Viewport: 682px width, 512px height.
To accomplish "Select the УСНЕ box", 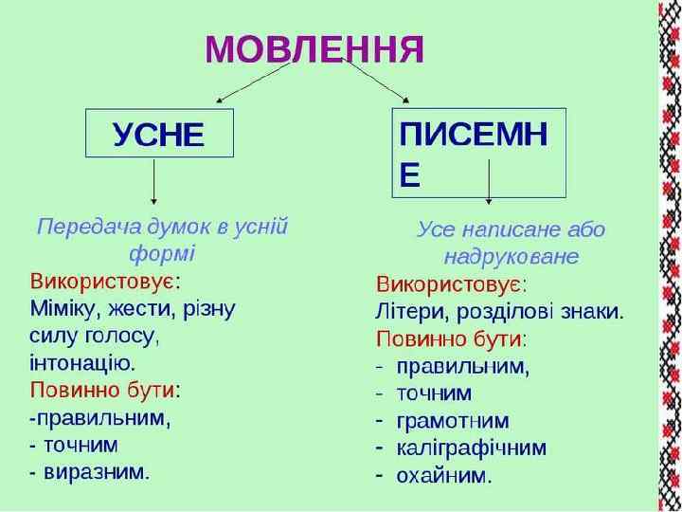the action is click(x=158, y=134).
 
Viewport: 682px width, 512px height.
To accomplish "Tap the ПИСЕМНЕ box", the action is click(x=478, y=152).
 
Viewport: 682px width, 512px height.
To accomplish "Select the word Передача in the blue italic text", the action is click(x=83, y=227).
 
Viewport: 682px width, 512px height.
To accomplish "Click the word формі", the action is click(x=160, y=253).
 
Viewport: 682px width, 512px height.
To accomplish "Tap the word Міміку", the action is click(x=66, y=308).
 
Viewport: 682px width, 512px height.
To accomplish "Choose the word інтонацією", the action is click(x=82, y=362).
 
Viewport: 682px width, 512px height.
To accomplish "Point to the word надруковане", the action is click(x=511, y=257).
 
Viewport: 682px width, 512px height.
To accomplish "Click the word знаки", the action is click(x=591, y=311).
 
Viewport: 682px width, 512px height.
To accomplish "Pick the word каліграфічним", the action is click(x=471, y=448).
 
